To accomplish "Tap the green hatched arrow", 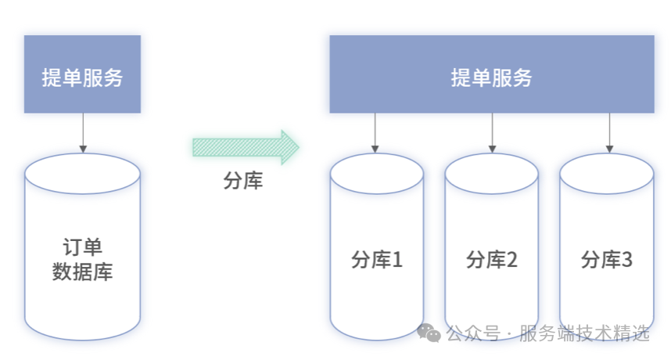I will point(246,147).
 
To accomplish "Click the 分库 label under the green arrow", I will point(243,182).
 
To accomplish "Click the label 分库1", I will point(377,260).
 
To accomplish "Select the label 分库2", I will point(492,260).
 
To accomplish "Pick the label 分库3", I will point(607,260).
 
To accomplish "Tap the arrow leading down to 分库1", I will point(376,133).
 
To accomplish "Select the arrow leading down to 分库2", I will point(492,133).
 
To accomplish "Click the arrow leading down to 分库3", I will point(608,133).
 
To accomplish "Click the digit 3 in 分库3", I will point(626,260).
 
